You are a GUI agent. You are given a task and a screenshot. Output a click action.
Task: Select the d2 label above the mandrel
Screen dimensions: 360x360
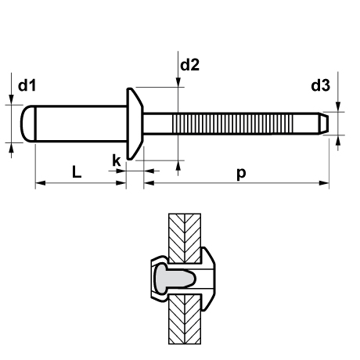pyautogui.click(x=190, y=66)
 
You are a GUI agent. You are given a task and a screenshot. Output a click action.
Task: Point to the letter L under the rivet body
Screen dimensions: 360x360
pyautogui.click(x=77, y=172)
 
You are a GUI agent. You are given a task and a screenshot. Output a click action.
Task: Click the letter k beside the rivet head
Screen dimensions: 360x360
pyautogui.click(x=117, y=160)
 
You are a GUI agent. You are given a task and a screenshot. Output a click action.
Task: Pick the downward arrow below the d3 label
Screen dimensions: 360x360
pyautogui.click(x=338, y=106)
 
